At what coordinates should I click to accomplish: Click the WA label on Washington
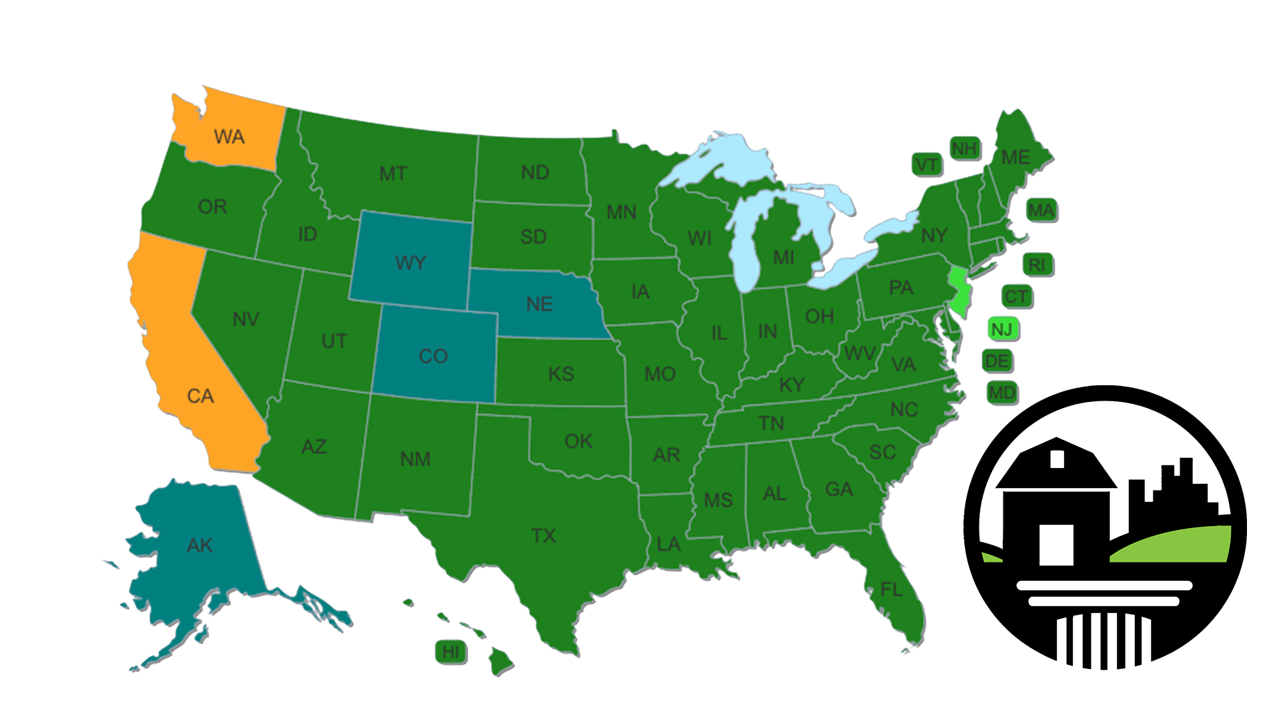point(229,137)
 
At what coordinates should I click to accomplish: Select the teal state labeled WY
point(410,262)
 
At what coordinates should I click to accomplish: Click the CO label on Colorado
point(433,356)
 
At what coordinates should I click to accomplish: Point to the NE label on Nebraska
point(539,304)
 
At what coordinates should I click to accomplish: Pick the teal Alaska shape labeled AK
point(199,545)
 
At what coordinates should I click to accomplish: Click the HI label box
point(451,652)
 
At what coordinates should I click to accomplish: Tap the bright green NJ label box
point(1002,329)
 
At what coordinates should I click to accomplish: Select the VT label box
point(927,165)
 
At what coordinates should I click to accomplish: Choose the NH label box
point(964,148)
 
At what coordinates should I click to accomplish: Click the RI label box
point(1037,265)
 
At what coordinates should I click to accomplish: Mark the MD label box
point(1002,393)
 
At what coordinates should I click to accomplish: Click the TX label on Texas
point(544,535)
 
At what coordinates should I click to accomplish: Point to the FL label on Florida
point(891,589)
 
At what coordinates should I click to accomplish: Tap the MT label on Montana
point(393,174)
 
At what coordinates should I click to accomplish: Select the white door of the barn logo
point(1056,544)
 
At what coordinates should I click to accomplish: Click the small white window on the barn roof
point(1057,459)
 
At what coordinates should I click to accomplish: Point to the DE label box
point(997,361)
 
